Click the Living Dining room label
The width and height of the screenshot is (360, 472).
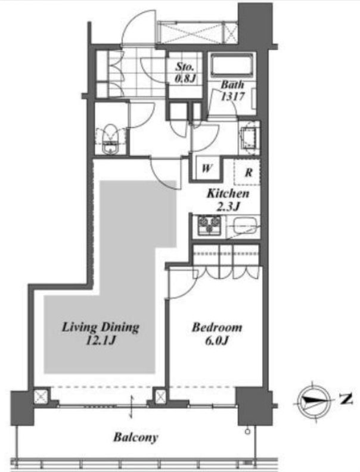coord(101,333)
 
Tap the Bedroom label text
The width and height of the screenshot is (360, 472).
coord(217,327)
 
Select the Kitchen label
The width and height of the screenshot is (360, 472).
coord(228,193)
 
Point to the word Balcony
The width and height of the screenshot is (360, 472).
coord(136,437)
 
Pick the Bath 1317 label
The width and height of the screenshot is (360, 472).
coord(232,91)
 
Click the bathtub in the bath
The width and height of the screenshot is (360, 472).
coord(232,65)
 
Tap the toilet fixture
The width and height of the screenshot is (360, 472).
coord(110,139)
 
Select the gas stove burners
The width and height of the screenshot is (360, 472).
coord(209,225)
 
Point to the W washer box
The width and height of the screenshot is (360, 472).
coord(207,167)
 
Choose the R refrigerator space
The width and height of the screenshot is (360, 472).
coord(247,172)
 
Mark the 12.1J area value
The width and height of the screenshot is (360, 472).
coord(101,340)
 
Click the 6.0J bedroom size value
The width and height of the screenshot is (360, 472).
coord(217,340)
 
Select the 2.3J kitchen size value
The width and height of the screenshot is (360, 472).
coord(228,206)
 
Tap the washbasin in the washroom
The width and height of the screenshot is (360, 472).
coord(249,137)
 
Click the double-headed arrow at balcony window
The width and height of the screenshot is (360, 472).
coord(132,406)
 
